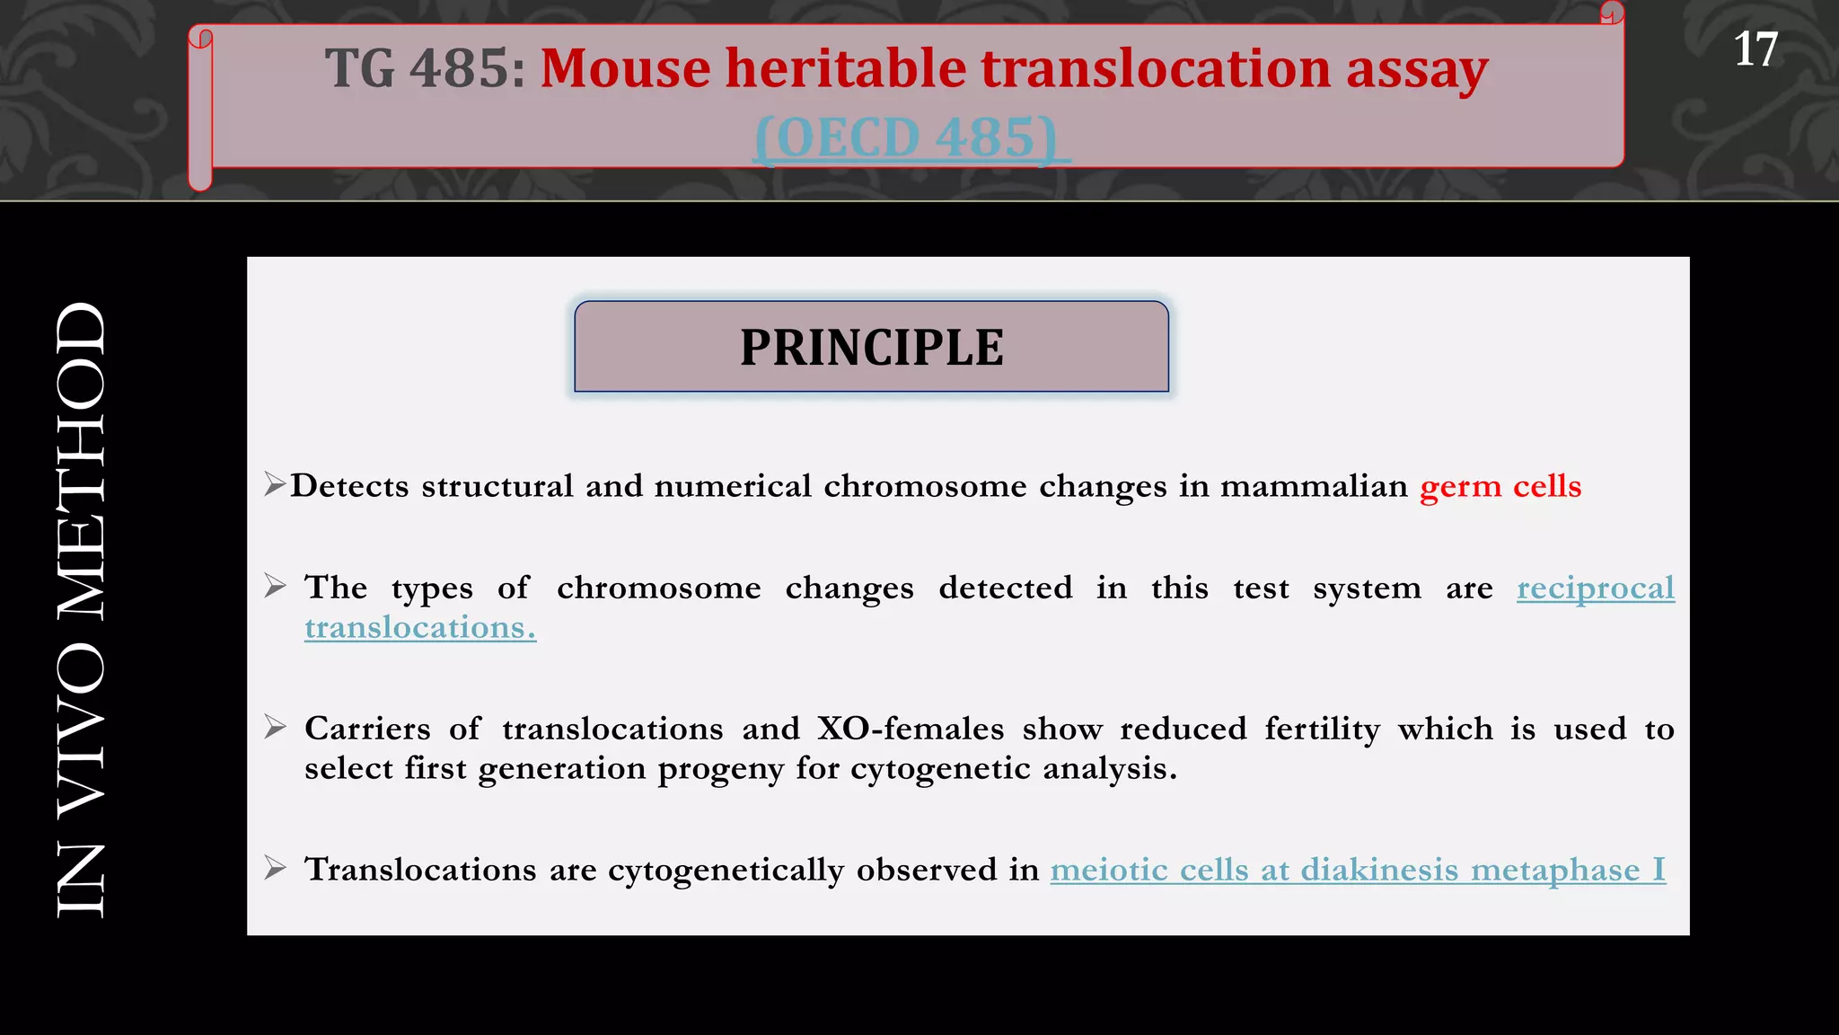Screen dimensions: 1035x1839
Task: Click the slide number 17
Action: [x=1755, y=49]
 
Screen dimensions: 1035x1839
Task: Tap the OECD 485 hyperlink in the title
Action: [x=911, y=137]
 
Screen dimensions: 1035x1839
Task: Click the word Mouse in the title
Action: [x=626, y=68]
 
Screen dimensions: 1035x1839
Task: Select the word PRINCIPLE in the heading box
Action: [x=871, y=348]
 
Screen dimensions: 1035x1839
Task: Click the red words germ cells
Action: [x=1500, y=486]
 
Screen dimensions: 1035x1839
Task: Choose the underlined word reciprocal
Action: [x=1595, y=588]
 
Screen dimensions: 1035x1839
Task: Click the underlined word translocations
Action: [x=419, y=627]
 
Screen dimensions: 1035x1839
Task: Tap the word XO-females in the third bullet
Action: [x=911, y=729]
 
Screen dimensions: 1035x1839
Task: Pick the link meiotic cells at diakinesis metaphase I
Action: [x=1357, y=870]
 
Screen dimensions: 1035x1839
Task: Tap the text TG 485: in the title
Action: [x=425, y=68]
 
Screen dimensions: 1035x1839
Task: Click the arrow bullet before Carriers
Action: [x=276, y=727]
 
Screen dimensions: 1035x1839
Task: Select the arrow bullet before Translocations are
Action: [x=276, y=868]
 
